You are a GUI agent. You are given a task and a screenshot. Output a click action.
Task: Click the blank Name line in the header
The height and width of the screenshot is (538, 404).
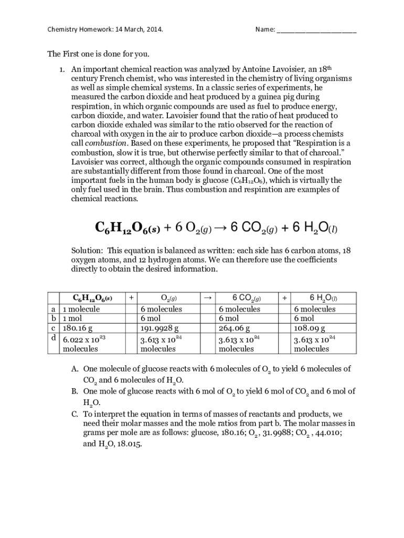click(316, 31)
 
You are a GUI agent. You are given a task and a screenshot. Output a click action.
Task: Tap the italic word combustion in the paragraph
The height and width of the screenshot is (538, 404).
click(105, 143)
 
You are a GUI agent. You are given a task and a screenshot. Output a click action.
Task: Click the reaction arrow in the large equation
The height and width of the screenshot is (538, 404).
click(221, 227)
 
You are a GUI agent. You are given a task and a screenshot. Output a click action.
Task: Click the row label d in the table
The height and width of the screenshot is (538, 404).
click(54, 338)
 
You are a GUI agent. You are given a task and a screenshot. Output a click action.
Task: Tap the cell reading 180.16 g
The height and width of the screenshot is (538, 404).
click(78, 328)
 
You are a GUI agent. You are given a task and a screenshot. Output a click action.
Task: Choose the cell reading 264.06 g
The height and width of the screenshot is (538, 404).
click(234, 328)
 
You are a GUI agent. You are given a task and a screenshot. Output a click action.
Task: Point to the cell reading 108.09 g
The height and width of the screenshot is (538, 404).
click(310, 328)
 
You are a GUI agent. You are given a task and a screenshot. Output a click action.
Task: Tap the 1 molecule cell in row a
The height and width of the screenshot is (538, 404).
click(81, 309)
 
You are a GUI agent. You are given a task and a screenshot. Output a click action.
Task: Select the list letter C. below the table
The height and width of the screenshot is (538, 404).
click(75, 413)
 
